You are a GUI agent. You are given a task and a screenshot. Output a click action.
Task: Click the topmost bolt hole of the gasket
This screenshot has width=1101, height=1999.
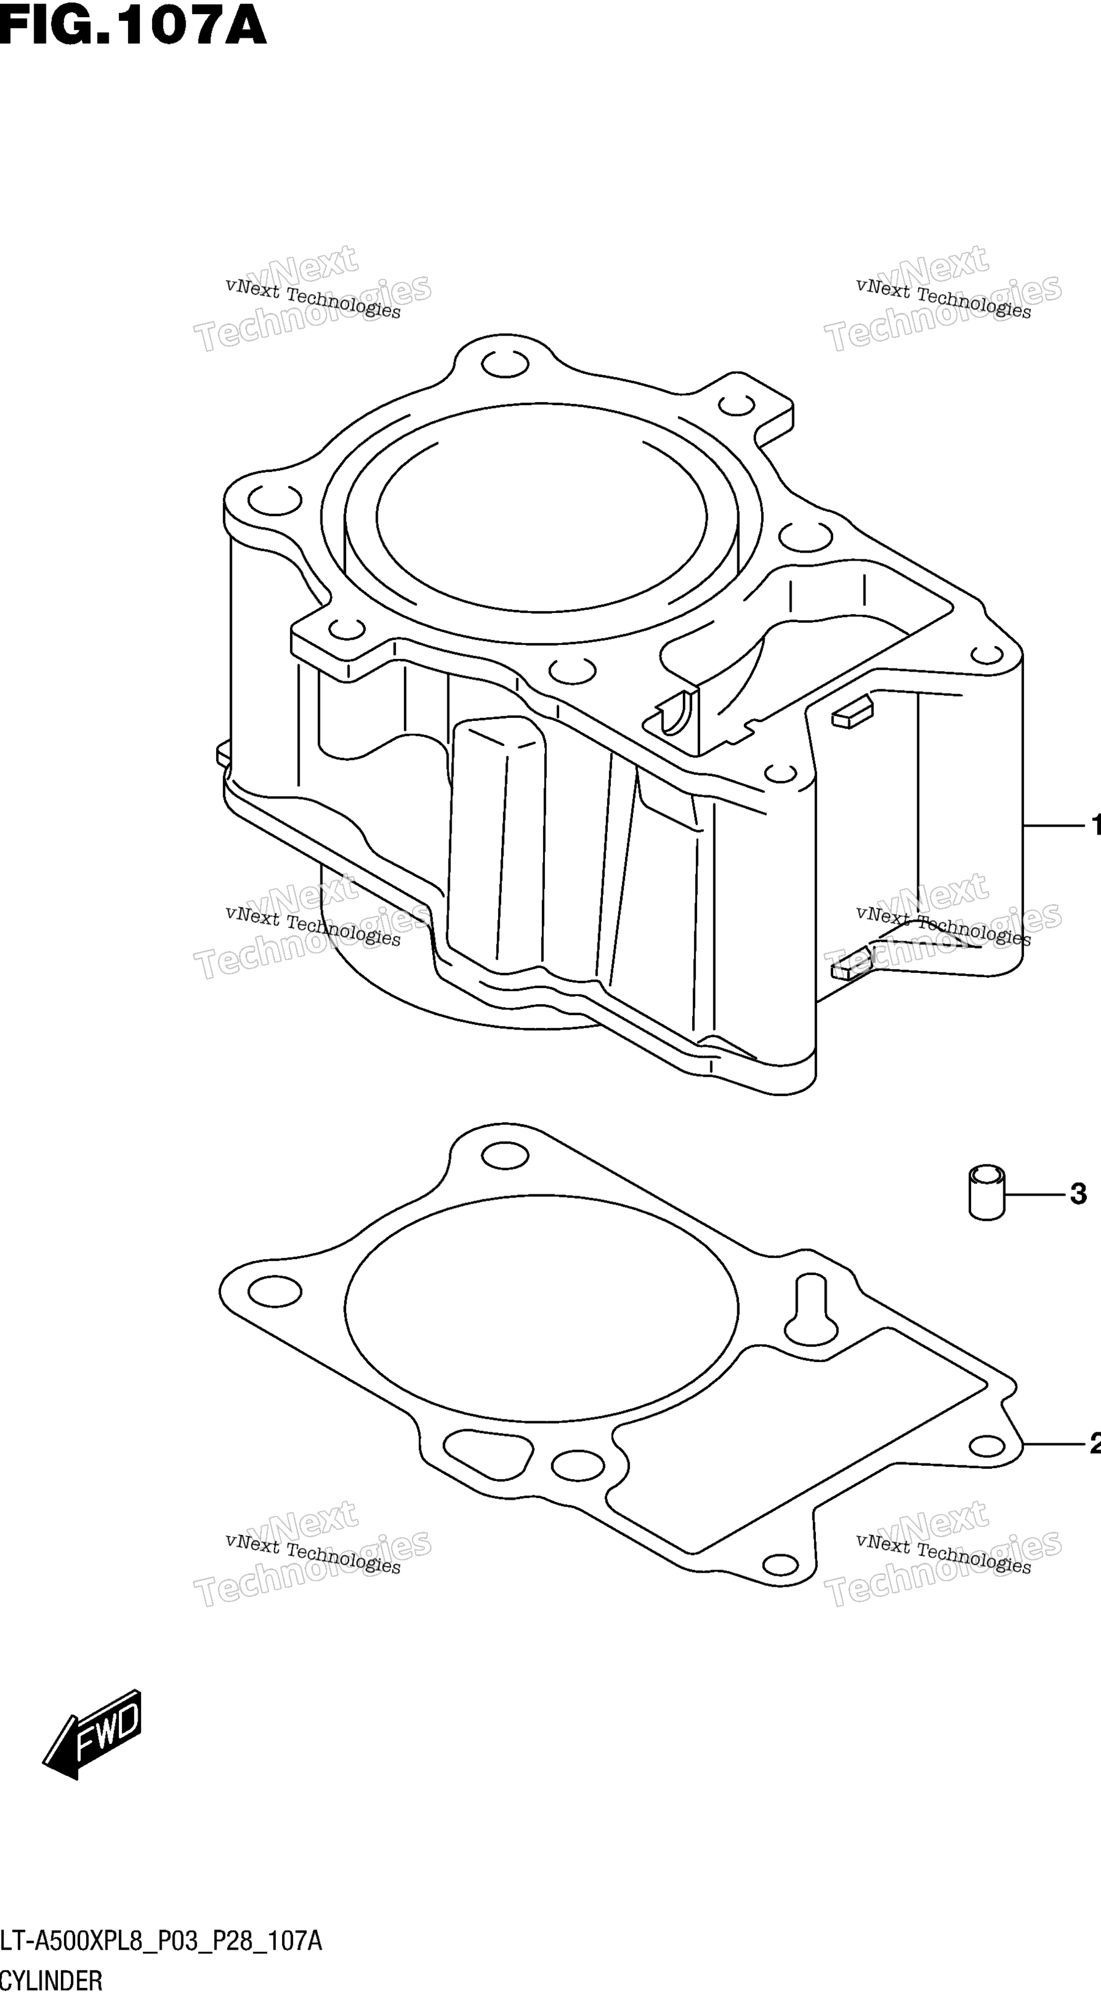pyautogui.click(x=505, y=1155)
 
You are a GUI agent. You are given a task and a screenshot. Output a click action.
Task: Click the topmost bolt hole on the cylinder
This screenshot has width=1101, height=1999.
pyautogui.click(x=505, y=364)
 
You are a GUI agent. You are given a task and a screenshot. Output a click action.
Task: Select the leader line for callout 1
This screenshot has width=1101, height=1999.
pyautogui.click(x=1053, y=827)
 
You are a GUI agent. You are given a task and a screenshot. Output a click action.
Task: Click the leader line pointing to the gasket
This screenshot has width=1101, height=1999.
pyautogui.click(x=1053, y=1443)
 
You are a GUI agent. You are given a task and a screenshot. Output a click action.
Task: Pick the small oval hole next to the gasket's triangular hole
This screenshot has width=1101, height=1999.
pyautogui.click(x=578, y=1465)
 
